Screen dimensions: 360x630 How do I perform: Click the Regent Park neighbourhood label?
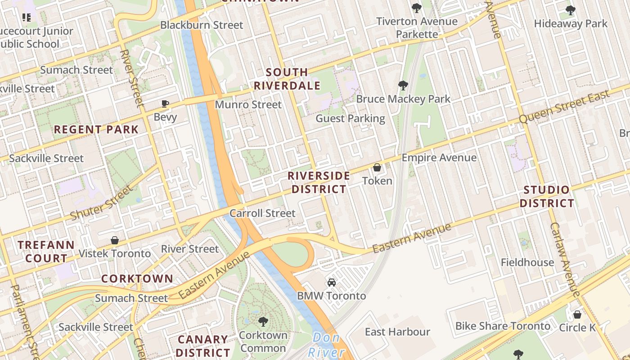pyautogui.click(x=96, y=130)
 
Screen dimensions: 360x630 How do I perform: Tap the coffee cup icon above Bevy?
pyautogui.click(x=165, y=104)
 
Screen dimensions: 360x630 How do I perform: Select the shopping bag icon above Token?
pyautogui.click(x=377, y=168)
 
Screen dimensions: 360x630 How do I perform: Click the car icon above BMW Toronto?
pyautogui.click(x=332, y=283)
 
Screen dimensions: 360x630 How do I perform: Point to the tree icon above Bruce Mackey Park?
pyautogui.click(x=403, y=85)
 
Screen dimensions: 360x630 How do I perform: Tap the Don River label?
pyautogui.click(x=327, y=345)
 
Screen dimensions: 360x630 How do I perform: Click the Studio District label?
pyautogui.click(x=547, y=197)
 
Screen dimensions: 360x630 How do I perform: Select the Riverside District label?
pyautogui.click(x=319, y=182)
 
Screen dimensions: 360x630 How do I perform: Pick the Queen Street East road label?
pyautogui.click(x=565, y=107)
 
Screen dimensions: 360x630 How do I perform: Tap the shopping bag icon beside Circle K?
pyautogui.click(x=577, y=315)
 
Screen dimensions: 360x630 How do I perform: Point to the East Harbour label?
pyautogui.click(x=397, y=332)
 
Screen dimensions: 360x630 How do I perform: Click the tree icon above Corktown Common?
pyautogui.click(x=263, y=322)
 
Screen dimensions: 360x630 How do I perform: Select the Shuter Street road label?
pyautogui.click(x=102, y=203)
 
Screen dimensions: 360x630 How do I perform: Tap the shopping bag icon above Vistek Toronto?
pyautogui.click(x=115, y=241)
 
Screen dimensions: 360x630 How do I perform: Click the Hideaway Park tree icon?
pyautogui.click(x=570, y=10)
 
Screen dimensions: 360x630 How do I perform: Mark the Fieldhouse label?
pyautogui.click(x=527, y=262)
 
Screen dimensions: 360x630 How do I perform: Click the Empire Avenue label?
pyautogui.click(x=439, y=157)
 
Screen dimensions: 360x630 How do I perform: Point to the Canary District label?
pyautogui.click(x=202, y=346)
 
